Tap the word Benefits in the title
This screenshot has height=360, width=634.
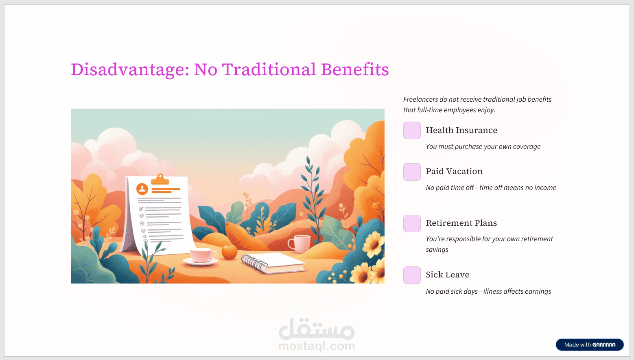(x=355, y=69)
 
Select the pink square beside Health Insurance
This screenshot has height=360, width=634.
(x=412, y=131)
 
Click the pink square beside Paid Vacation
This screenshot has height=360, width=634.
(x=412, y=172)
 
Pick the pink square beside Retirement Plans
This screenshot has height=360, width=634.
(x=412, y=224)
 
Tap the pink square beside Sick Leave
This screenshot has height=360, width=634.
(x=412, y=275)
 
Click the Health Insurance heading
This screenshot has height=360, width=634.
(x=461, y=130)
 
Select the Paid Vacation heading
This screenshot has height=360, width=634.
(x=454, y=171)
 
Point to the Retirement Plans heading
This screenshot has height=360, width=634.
(x=461, y=223)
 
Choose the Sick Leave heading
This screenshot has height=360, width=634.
(x=448, y=275)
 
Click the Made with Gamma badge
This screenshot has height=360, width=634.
(x=590, y=345)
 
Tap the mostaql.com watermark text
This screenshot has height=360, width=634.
(x=317, y=346)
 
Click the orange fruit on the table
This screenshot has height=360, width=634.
(x=229, y=252)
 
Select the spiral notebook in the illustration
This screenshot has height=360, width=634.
(x=273, y=263)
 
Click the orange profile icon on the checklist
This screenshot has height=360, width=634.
(x=142, y=189)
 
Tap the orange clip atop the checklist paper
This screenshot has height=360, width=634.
(x=160, y=179)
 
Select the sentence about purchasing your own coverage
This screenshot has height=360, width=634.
(x=483, y=146)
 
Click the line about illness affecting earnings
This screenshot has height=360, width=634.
(x=488, y=292)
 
